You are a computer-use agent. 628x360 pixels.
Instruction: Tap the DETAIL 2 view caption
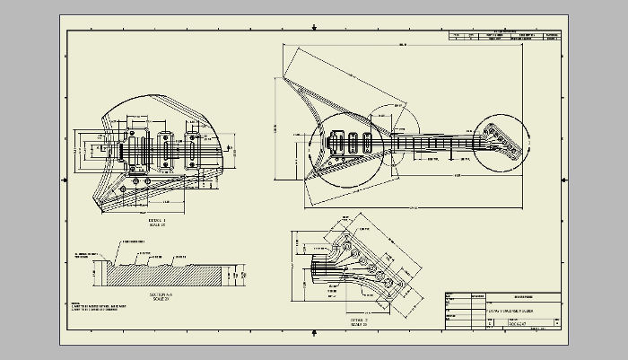(334, 320)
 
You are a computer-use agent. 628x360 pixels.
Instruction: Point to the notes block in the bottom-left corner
(94, 307)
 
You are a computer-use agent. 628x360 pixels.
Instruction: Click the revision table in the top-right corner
(506, 37)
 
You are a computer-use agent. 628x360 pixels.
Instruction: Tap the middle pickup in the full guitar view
(354, 142)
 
